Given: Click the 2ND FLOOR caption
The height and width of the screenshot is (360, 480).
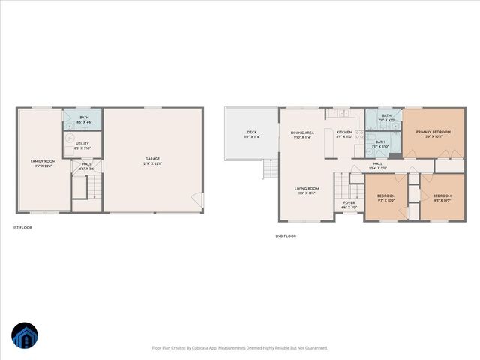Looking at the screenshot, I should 286,236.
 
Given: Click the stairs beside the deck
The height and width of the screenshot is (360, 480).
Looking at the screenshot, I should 268,171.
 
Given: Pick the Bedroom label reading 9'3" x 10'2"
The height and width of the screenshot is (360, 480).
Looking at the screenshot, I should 385,199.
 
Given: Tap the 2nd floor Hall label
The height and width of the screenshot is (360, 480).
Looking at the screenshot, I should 378,165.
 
